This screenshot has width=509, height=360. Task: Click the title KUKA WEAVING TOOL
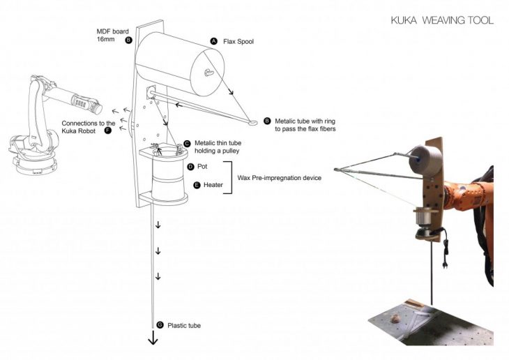click(x=442, y=20)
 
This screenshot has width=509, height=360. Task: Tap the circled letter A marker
click(x=214, y=42)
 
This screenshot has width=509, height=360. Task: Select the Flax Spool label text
click(x=238, y=42)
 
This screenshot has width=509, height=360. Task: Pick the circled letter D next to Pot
click(x=190, y=167)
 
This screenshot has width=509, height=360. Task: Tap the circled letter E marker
click(x=197, y=186)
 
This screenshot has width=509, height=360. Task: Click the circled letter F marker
click(x=107, y=130)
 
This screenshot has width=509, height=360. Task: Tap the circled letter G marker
click(x=160, y=326)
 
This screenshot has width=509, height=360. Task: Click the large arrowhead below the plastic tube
click(x=153, y=340)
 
